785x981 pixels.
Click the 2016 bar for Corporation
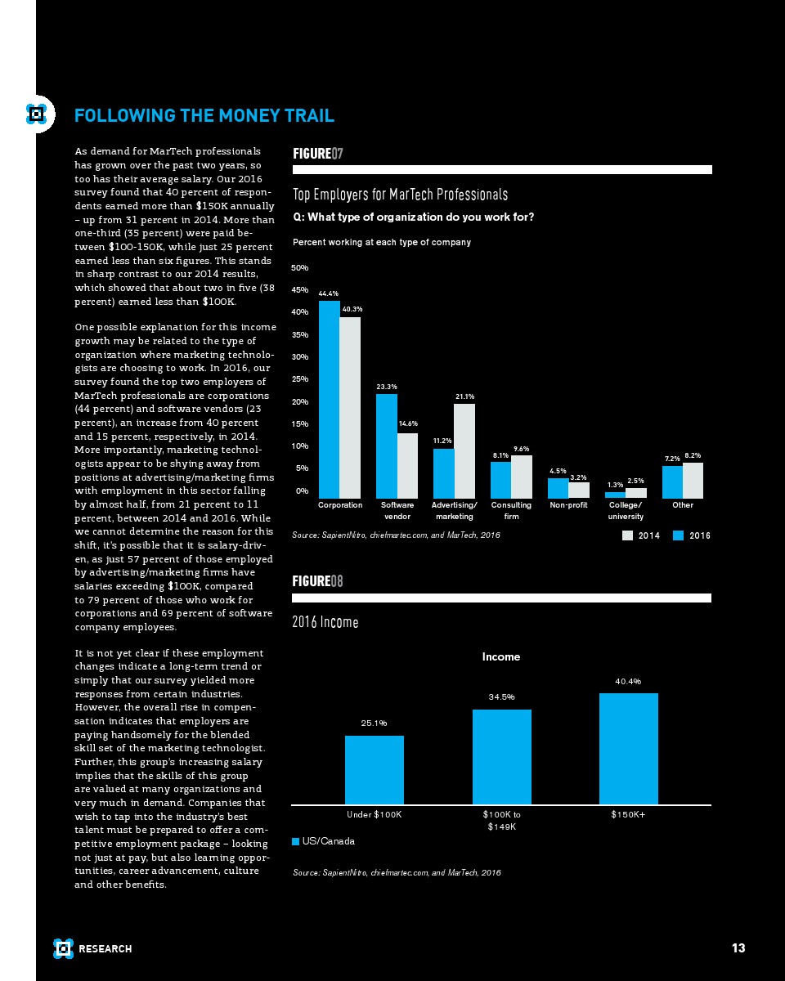point(329,399)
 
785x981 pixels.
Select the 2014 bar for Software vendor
point(407,465)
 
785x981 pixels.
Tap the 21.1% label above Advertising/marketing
point(464,396)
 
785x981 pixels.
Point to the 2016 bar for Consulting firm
point(500,480)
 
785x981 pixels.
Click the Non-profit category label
point(568,505)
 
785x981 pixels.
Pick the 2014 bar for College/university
point(635,493)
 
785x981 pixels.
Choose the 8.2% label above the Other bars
point(693,455)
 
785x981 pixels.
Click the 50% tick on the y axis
point(300,267)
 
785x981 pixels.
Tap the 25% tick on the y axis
point(300,379)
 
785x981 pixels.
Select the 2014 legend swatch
point(628,535)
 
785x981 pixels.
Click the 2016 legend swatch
point(679,535)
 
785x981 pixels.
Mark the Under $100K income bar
point(375,769)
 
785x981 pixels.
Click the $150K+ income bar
point(628,748)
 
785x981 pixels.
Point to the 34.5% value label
point(501,697)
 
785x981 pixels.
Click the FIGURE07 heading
point(317,154)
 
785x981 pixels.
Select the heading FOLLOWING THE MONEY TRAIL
point(204,116)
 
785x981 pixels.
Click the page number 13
point(738,948)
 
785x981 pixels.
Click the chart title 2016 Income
point(325,623)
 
